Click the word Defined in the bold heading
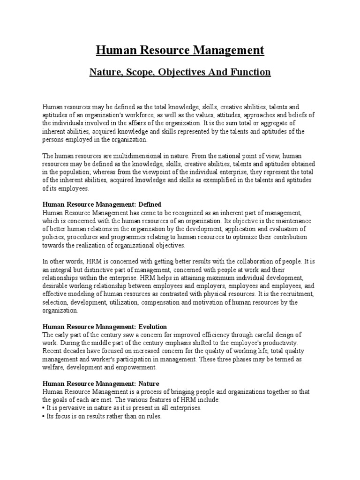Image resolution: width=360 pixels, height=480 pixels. tap(149, 204)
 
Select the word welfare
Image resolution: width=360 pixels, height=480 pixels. tap(52, 367)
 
